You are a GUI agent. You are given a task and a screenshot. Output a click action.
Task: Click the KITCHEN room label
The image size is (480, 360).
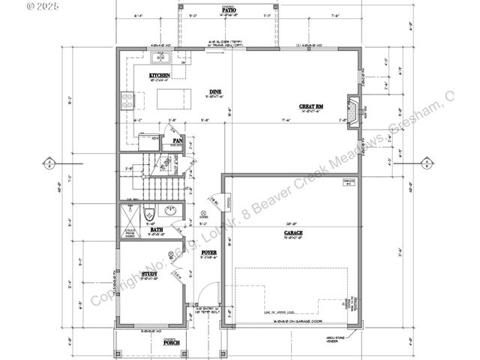tap(159, 76)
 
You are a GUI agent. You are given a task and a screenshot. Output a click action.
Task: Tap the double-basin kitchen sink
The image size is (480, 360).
tap(160, 57)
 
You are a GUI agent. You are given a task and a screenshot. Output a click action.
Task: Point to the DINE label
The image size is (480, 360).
tap(214, 93)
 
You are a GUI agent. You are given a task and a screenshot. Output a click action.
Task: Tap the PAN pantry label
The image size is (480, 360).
tap(178, 140)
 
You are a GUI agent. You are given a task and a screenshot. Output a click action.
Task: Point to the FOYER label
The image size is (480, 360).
tap(209, 253)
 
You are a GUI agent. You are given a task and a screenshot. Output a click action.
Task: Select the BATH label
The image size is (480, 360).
tap(157, 230)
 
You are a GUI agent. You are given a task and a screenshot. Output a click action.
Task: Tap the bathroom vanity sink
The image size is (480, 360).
tap(170, 210)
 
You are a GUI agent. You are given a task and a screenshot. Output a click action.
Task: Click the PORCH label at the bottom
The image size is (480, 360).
tap(172, 343)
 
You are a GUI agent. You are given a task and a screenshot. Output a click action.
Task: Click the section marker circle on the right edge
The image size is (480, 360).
tap(427, 162)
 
